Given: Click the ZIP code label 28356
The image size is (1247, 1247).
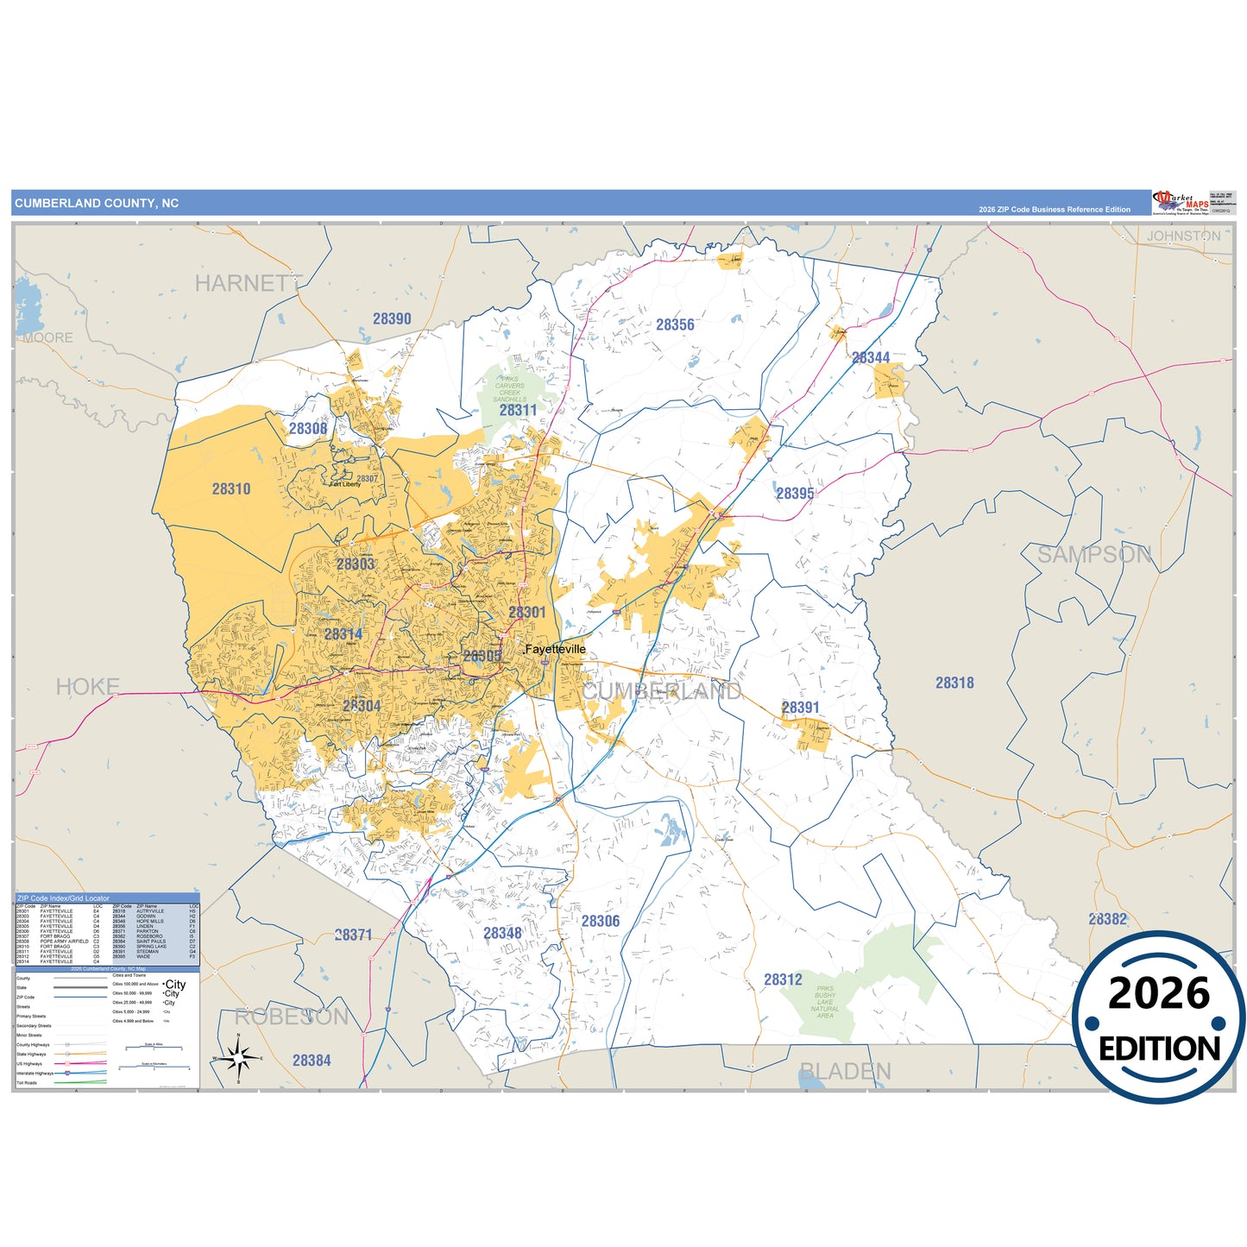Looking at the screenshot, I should click(x=675, y=324).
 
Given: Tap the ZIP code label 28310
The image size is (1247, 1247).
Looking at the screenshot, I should click(x=231, y=488).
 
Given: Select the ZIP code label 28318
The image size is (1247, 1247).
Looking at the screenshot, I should click(x=954, y=683).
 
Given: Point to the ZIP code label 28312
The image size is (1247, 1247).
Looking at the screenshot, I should click(x=783, y=979).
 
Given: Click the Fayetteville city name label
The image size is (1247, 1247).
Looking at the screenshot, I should click(x=555, y=649).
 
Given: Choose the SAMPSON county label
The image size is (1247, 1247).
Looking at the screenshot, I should click(x=1093, y=555).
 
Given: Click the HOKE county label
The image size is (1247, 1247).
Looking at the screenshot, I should click(x=87, y=687).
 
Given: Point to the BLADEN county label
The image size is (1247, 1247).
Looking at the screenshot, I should click(x=845, y=1071).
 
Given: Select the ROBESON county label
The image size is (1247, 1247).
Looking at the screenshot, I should click(x=292, y=1017).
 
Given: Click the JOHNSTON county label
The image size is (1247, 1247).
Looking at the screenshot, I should click(x=1183, y=236).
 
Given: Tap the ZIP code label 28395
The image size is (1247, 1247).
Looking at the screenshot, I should click(x=795, y=493).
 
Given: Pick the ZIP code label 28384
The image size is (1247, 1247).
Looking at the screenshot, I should click(x=312, y=1061).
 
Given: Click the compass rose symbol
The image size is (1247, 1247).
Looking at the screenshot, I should click(x=238, y=1056).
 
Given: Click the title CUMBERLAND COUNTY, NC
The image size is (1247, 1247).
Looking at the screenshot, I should click(x=97, y=204).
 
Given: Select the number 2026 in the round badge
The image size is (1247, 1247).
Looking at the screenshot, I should click(x=1159, y=994).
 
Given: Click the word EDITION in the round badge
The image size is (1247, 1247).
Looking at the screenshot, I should click(x=1159, y=1049).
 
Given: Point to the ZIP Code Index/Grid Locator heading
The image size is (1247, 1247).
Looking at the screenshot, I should click(x=63, y=898).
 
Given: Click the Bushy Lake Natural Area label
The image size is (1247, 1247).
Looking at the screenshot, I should click(x=825, y=1002).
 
